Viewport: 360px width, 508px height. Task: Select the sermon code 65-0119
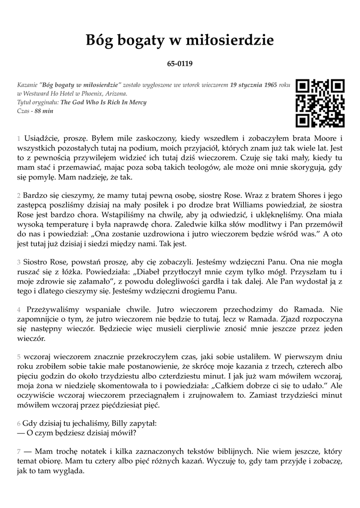coord(180,64)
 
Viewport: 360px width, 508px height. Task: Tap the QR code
coord(320,103)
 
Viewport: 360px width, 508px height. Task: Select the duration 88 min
coord(44,111)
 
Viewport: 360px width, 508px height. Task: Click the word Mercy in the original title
coord(137,102)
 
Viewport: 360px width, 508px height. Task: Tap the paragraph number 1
coord(18,137)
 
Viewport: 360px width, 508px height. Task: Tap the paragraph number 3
coord(18,261)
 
